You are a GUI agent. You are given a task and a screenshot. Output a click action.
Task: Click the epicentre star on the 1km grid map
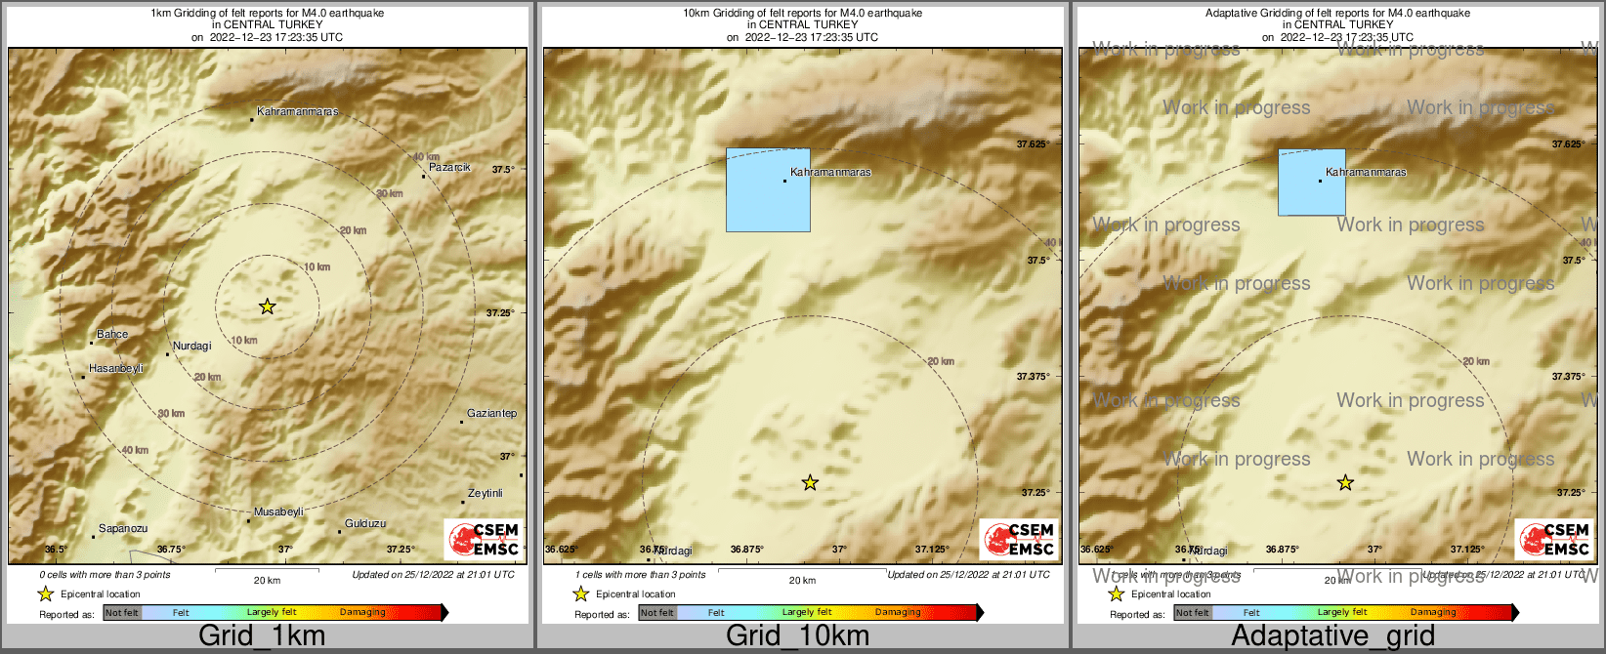(x=268, y=307)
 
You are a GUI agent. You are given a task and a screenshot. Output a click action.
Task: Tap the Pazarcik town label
(x=449, y=167)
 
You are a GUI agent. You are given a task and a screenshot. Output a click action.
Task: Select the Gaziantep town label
(x=491, y=413)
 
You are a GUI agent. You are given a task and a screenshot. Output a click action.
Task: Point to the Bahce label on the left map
(x=112, y=334)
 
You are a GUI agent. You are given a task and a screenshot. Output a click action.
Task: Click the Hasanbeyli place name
(x=116, y=368)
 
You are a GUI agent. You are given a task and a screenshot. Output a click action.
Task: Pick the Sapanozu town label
(x=123, y=528)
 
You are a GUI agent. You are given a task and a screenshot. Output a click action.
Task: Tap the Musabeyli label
(x=278, y=511)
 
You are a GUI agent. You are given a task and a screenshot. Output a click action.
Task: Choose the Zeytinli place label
(x=485, y=493)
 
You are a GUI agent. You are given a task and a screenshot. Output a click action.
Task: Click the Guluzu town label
(x=365, y=523)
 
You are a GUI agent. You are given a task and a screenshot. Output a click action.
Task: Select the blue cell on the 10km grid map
(x=768, y=189)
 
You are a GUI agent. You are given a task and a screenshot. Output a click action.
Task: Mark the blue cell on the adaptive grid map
(x=1311, y=182)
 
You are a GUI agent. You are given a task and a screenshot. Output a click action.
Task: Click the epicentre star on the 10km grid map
(x=810, y=482)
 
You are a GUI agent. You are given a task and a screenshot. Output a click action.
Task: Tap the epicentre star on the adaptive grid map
(x=1345, y=482)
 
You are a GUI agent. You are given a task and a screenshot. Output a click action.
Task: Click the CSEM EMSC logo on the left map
(x=483, y=539)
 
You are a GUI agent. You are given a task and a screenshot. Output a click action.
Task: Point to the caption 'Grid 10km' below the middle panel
(x=797, y=636)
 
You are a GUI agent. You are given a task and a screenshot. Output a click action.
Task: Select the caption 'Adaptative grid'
(x=1332, y=636)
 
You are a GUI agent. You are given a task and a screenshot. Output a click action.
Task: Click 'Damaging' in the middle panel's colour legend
(x=898, y=612)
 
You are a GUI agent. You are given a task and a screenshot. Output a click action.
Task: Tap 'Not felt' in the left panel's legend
(x=122, y=612)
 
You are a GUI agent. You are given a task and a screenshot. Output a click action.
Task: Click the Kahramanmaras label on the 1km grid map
(x=297, y=111)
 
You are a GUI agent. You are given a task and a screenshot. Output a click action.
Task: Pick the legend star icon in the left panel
(x=45, y=593)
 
